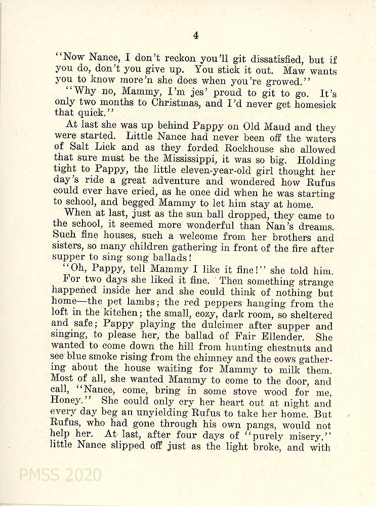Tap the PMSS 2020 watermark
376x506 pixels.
(60, 475)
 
